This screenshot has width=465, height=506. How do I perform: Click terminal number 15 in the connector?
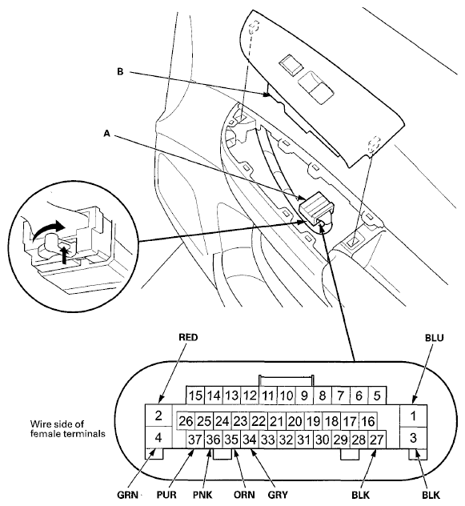tap(195, 395)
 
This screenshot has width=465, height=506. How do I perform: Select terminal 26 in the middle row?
tap(186, 421)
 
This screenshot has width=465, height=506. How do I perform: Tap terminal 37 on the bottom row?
tap(195, 440)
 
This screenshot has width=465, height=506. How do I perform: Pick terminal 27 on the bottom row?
tap(377, 440)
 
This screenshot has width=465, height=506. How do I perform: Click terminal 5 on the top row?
tap(377, 395)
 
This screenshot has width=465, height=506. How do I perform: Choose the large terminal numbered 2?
tap(158, 416)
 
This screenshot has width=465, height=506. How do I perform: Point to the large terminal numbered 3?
tap(413, 438)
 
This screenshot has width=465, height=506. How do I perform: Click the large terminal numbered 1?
tap(413, 416)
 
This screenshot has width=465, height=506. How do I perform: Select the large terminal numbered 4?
tap(158, 438)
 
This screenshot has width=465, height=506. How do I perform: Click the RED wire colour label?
tap(188, 337)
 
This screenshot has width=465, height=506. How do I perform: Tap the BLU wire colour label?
tap(434, 338)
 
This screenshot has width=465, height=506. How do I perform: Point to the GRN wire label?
tap(127, 495)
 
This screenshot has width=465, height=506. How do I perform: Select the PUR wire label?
tap(166, 495)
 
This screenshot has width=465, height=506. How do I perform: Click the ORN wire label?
tap(244, 495)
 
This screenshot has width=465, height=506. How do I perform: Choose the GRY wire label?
tap(278, 495)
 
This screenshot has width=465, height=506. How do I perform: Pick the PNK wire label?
tap(202, 495)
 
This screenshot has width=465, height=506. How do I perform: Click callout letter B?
tap(120, 71)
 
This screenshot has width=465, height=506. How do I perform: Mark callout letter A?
tap(106, 133)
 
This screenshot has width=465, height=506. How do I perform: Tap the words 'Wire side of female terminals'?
tap(68, 428)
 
